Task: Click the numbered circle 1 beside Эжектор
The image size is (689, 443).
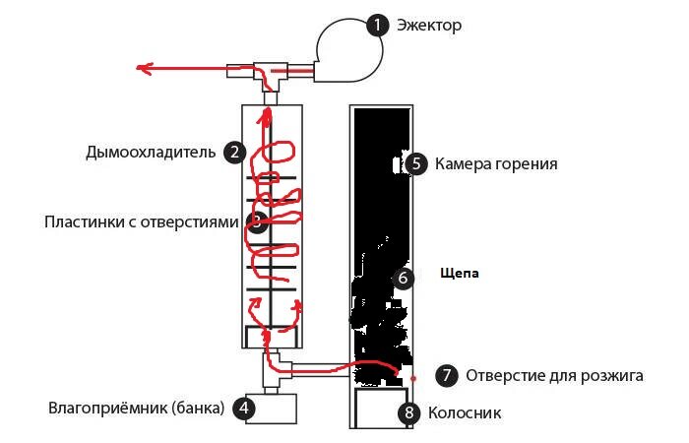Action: point(378,25)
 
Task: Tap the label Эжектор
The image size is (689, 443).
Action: point(429,25)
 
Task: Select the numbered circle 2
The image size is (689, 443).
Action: point(234,152)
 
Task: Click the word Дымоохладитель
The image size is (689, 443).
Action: point(151,152)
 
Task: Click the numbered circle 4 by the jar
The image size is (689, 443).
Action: point(244,409)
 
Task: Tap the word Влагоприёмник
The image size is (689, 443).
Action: point(107,408)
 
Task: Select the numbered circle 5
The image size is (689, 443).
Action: point(416,164)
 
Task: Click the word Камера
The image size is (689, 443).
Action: point(463,164)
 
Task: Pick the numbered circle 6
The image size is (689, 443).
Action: point(403,279)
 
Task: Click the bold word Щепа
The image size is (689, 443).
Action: point(460,274)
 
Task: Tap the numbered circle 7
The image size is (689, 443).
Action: point(447,375)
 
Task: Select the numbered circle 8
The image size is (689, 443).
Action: point(409,412)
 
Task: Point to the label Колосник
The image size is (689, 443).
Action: point(465,413)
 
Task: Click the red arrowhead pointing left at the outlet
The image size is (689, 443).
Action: point(144,69)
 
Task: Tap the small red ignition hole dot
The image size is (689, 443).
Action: point(413,378)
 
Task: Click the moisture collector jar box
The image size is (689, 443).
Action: point(271,409)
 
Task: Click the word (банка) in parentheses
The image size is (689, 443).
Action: point(198,409)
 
